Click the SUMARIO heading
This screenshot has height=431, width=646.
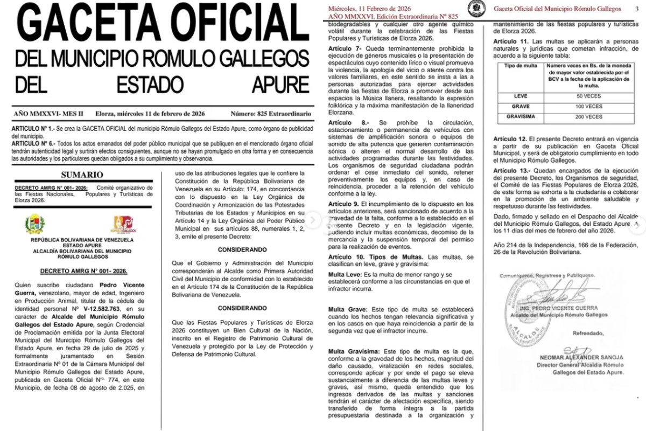82,175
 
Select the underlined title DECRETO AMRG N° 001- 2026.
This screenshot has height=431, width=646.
82,270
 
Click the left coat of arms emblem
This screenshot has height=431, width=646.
35,224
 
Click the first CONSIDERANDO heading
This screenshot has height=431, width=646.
242,250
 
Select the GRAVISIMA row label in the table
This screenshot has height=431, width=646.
521,116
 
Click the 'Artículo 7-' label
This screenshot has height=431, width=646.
345,49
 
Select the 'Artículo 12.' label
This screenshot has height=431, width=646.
510,139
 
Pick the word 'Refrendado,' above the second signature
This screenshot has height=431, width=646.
589,333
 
